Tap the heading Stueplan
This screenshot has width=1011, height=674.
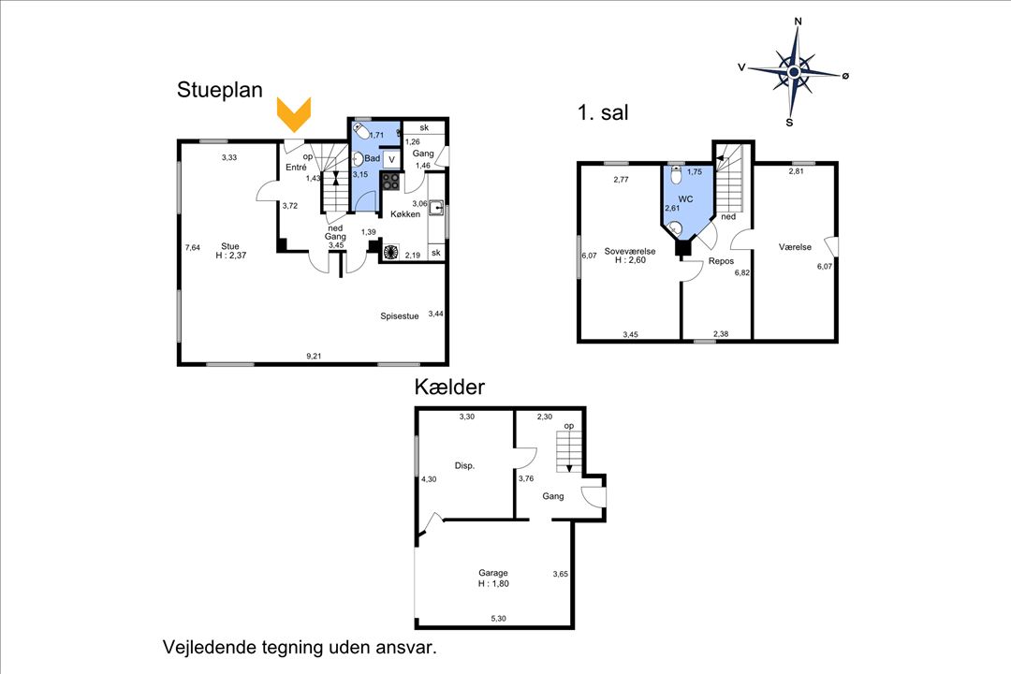(x=220, y=90)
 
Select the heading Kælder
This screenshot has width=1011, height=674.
(x=449, y=387)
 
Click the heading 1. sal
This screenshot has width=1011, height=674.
(x=603, y=113)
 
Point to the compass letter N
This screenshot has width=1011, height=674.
(x=798, y=22)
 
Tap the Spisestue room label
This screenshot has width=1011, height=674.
(x=399, y=316)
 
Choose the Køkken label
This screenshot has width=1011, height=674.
(x=405, y=214)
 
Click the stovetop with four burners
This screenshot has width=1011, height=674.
(x=390, y=182)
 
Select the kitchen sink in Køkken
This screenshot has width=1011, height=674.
(x=436, y=208)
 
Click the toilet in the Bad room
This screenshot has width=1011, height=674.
(x=360, y=132)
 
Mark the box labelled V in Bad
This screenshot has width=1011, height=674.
(x=390, y=159)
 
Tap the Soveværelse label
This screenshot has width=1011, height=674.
(x=630, y=252)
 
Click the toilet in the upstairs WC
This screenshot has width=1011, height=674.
(x=676, y=175)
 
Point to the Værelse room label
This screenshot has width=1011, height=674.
(x=795, y=247)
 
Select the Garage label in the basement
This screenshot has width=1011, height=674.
(x=493, y=573)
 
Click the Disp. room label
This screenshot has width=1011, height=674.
(x=464, y=465)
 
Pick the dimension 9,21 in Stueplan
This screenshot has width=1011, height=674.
(x=314, y=356)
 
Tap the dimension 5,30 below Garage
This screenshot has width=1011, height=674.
(x=498, y=619)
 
